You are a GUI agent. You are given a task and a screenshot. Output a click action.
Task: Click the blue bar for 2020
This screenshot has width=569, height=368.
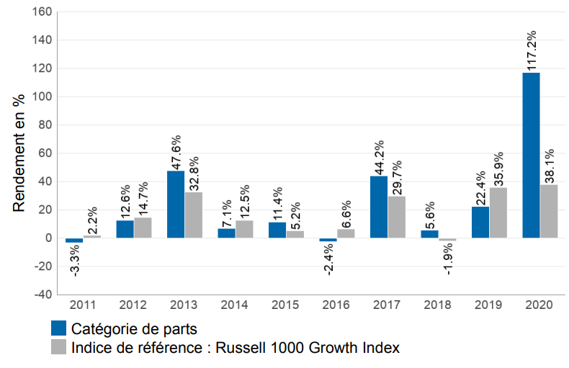[531, 155]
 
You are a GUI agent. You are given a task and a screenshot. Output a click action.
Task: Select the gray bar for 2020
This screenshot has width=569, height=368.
[549, 211]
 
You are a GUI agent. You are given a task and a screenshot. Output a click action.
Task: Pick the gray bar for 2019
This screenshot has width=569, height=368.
[498, 212]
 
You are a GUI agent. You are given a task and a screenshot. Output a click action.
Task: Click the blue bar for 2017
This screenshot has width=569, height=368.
[379, 207]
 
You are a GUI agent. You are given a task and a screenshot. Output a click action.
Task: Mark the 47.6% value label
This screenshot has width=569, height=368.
[176, 151]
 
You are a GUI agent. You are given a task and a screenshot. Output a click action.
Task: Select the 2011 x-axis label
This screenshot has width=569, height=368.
[74, 305]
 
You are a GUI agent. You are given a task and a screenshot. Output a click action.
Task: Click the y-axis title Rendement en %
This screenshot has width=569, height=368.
[19, 153]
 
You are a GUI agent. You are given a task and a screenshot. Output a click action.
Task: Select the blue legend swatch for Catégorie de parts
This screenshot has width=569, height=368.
[58, 328]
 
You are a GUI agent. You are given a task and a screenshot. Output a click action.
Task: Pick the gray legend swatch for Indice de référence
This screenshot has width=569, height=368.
[58, 347]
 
